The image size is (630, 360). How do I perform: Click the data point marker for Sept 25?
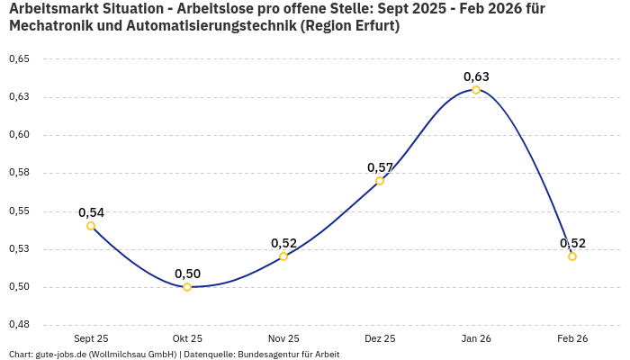(91, 226)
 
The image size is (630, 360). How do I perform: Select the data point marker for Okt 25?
(187, 287)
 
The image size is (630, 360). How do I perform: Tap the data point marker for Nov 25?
(283, 256)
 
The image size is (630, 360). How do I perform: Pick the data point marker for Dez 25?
(380, 181)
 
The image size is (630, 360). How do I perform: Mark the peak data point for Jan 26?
(476, 90)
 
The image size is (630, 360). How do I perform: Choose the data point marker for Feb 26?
(572, 256)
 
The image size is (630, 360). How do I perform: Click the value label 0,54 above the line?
(91, 212)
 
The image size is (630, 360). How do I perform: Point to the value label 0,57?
(380, 167)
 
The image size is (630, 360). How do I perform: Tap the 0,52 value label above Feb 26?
(572, 243)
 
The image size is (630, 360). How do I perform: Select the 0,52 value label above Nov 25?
(283, 243)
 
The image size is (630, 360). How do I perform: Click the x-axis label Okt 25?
(187, 338)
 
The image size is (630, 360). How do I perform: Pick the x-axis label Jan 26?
(476, 338)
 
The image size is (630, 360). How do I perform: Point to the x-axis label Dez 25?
(380, 338)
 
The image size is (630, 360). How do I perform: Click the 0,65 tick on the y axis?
(19, 59)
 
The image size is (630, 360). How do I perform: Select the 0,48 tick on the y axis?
(19, 325)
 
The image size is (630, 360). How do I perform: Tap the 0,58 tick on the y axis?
(19, 173)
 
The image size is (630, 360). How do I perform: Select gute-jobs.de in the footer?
(61, 354)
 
